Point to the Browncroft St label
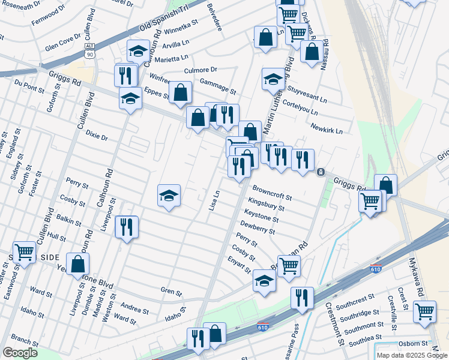(x=272, y=192)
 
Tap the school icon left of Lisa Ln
(x=169, y=196)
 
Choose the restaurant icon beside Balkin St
(x=126, y=227)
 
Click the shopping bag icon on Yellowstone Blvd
(x=77, y=263)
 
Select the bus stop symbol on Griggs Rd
(x=321, y=172)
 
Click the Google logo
(x=20, y=353)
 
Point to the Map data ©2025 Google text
(x=411, y=355)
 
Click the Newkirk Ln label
(x=327, y=128)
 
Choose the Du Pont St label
(x=29, y=86)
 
